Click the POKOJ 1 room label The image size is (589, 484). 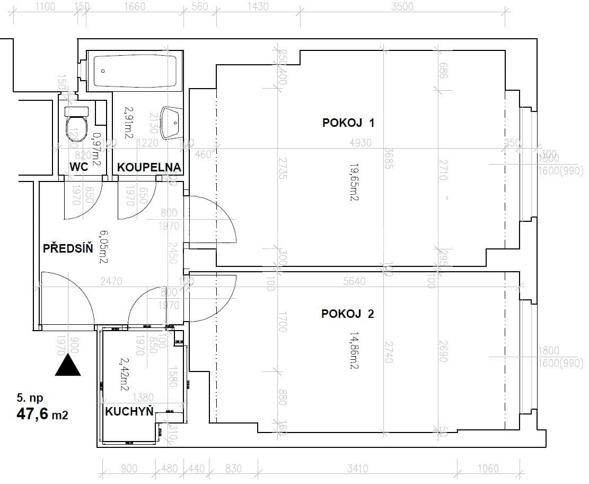[348, 123]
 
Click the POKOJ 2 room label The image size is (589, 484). [347, 314]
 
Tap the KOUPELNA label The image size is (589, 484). [149, 167]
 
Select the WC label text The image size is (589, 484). [78, 167]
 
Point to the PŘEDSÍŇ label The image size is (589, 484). [68, 248]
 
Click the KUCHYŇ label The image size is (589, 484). [129, 411]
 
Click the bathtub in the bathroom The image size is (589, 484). [135, 71]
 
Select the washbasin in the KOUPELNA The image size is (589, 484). [172, 123]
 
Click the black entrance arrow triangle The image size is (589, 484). [68, 366]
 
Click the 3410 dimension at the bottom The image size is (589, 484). [357, 469]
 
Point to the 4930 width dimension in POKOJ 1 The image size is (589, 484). [361, 143]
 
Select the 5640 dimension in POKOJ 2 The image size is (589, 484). [354, 281]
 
